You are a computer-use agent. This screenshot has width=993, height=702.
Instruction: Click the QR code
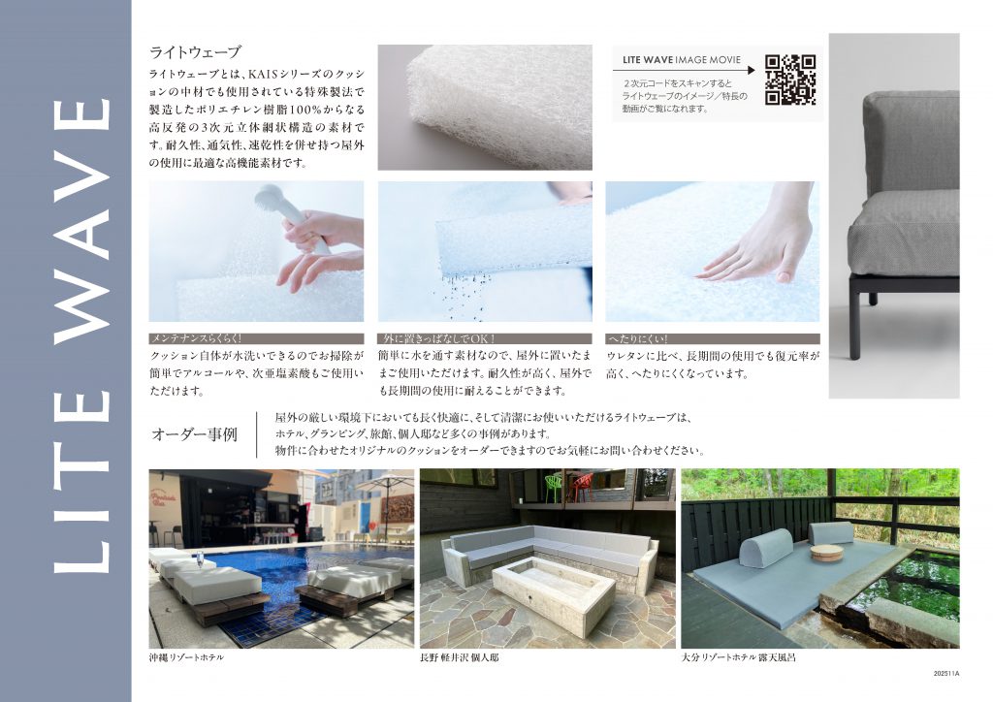pyautogui.click(x=789, y=80)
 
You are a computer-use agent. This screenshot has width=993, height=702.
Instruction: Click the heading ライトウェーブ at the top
pyautogui.click(x=195, y=52)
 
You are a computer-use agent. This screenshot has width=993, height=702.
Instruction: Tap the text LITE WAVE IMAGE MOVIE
pyautogui.click(x=682, y=60)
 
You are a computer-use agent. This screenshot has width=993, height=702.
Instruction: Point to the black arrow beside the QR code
pyautogui.click(x=684, y=70)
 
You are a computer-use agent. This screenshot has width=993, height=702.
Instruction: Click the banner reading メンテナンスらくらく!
pyautogui.click(x=256, y=339)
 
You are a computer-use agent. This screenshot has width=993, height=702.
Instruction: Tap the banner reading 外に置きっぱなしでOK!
pyautogui.click(x=485, y=339)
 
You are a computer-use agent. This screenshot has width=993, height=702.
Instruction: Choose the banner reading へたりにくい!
pyautogui.click(x=713, y=339)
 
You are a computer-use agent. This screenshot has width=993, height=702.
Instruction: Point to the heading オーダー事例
pyautogui.click(x=194, y=434)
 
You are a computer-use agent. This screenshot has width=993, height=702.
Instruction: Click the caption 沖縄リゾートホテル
pyautogui.click(x=186, y=657)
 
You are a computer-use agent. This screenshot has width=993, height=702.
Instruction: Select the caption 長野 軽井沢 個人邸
pyautogui.click(x=459, y=657)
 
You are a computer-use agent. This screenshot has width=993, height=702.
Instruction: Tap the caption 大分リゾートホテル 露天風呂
pyautogui.click(x=738, y=657)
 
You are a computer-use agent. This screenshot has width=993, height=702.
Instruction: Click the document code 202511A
pyautogui.click(x=946, y=674)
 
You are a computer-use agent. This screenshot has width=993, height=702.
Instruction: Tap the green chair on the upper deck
pyautogui.click(x=554, y=487)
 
